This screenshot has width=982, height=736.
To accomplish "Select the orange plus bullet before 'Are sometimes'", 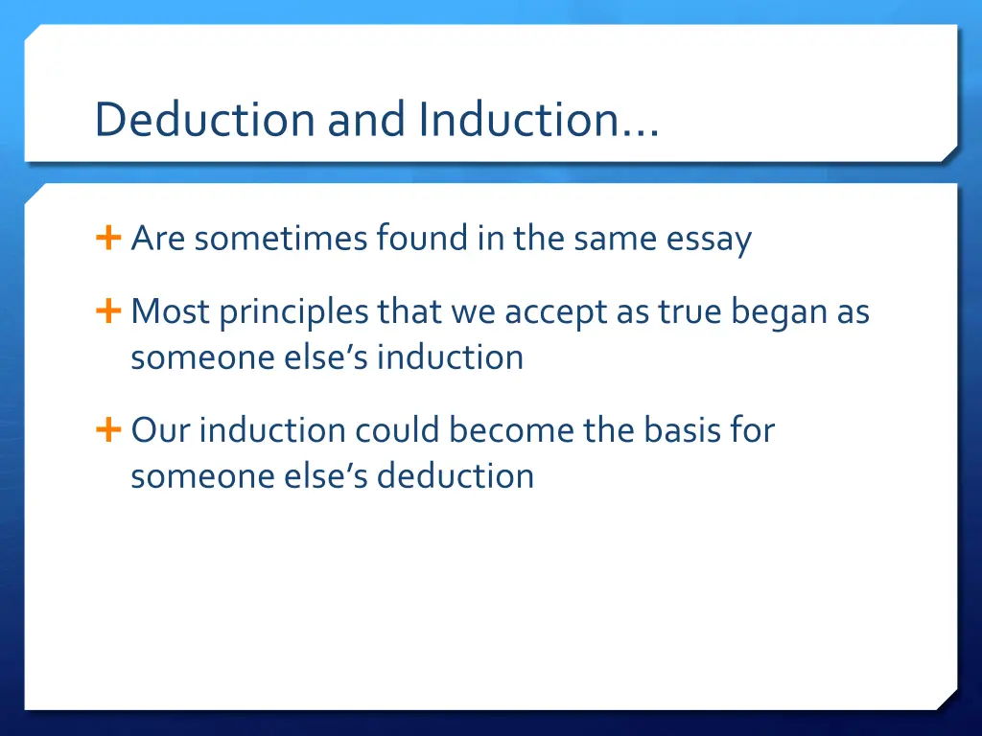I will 107,237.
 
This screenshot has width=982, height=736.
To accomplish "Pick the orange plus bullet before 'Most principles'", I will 107,310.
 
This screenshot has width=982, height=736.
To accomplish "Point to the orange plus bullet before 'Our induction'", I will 107,430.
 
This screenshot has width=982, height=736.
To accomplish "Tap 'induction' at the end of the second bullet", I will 450,356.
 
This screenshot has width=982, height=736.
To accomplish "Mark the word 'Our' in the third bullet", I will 160,430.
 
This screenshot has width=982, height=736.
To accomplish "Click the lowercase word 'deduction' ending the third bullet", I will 455,475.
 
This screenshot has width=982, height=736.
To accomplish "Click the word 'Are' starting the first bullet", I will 157,238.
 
